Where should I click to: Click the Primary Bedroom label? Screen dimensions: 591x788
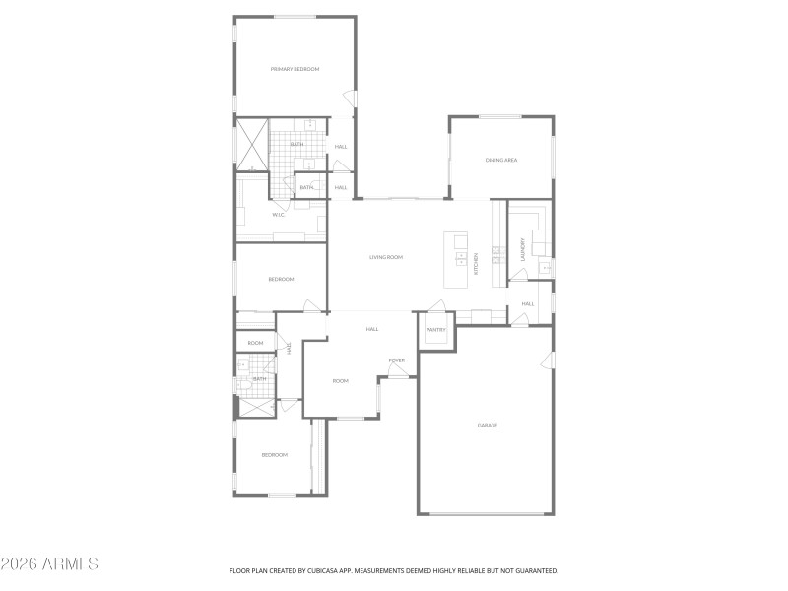[295, 69]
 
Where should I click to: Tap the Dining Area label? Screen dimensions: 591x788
[501, 160]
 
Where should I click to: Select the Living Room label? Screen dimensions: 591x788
[386, 257]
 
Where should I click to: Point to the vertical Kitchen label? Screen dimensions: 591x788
[477, 262]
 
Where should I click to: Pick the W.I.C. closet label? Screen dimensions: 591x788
[279, 214]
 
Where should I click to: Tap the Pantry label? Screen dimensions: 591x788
[437, 330]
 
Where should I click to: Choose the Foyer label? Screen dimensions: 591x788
[396, 361]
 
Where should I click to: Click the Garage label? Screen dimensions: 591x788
[488, 426]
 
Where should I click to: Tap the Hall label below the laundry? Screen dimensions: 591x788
[528, 303]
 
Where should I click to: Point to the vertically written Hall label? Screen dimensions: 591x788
[290, 348]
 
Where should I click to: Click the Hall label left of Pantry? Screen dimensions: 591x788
[372, 329]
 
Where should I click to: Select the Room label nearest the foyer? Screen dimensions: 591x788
[340, 381]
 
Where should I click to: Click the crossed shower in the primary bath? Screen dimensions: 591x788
[251, 145]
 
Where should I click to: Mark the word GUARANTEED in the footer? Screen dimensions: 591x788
[535, 570]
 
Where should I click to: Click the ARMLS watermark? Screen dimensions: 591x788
[49, 564]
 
